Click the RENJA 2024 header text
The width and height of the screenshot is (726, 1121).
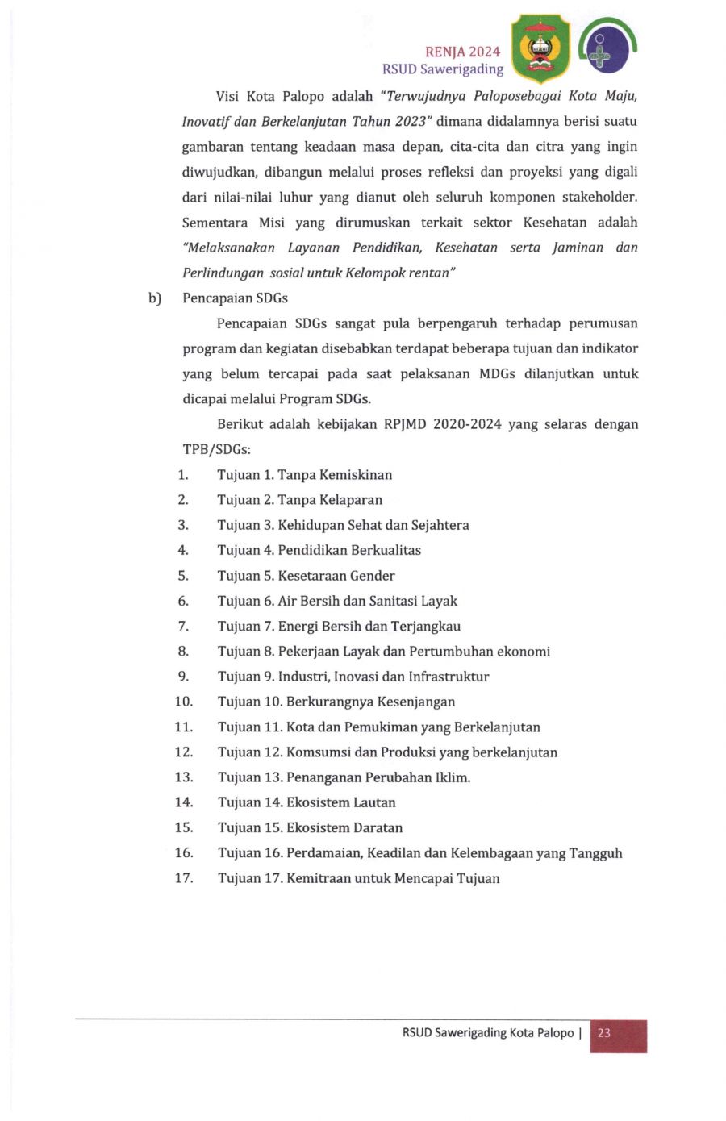pyautogui.click(x=462, y=52)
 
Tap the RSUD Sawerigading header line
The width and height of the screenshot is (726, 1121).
pyautogui.click(x=443, y=69)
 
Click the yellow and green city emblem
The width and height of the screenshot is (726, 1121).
pyautogui.click(x=540, y=49)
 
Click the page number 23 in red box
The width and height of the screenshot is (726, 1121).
pyautogui.click(x=604, y=1033)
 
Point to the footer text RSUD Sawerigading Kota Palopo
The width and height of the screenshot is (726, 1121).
pyautogui.click(x=488, y=1033)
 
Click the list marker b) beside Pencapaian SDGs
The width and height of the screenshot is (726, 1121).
pyautogui.click(x=155, y=298)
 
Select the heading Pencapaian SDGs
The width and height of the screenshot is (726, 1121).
pyautogui.click(x=235, y=298)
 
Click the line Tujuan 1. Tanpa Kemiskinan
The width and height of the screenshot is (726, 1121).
pyautogui.click(x=304, y=475)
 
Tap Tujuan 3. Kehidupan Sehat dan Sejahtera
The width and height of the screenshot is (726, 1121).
pyautogui.click(x=343, y=525)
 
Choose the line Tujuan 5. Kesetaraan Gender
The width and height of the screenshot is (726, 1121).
pyautogui.click(x=306, y=576)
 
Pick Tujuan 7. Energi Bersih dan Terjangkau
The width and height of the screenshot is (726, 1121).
pyautogui.click(x=339, y=626)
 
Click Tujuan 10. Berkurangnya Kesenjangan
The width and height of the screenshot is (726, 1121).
pyautogui.click(x=336, y=702)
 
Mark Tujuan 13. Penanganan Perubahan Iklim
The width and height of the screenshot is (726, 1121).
pyautogui.click(x=344, y=777)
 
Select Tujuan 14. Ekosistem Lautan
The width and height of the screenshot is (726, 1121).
pyautogui.click(x=307, y=802)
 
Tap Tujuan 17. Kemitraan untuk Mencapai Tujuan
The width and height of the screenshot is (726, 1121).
pyautogui.click(x=358, y=878)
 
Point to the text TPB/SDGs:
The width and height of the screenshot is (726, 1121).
pyautogui.click(x=216, y=450)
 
